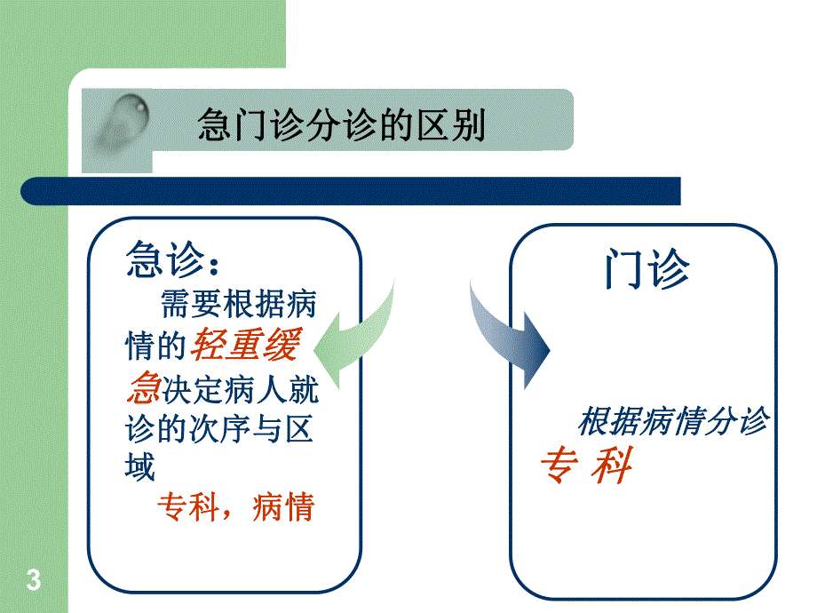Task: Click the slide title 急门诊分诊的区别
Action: pyautogui.click(x=342, y=126)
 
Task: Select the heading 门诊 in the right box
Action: pyautogui.click(x=646, y=268)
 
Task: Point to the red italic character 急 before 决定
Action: pyautogui.click(x=143, y=388)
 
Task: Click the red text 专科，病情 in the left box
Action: pyautogui.click(x=235, y=507)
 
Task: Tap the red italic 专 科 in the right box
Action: pyautogui.click(x=586, y=466)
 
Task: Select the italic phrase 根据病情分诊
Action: pyautogui.click(x=672, y=422)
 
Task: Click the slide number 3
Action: pyautogui.click(x=34, y=582)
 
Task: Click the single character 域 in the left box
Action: pyautogui.click(x=141, y=466)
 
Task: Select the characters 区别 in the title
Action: pyautogui.click(x=455, y=126)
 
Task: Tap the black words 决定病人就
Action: pyautogui.click(x=240, y=389)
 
